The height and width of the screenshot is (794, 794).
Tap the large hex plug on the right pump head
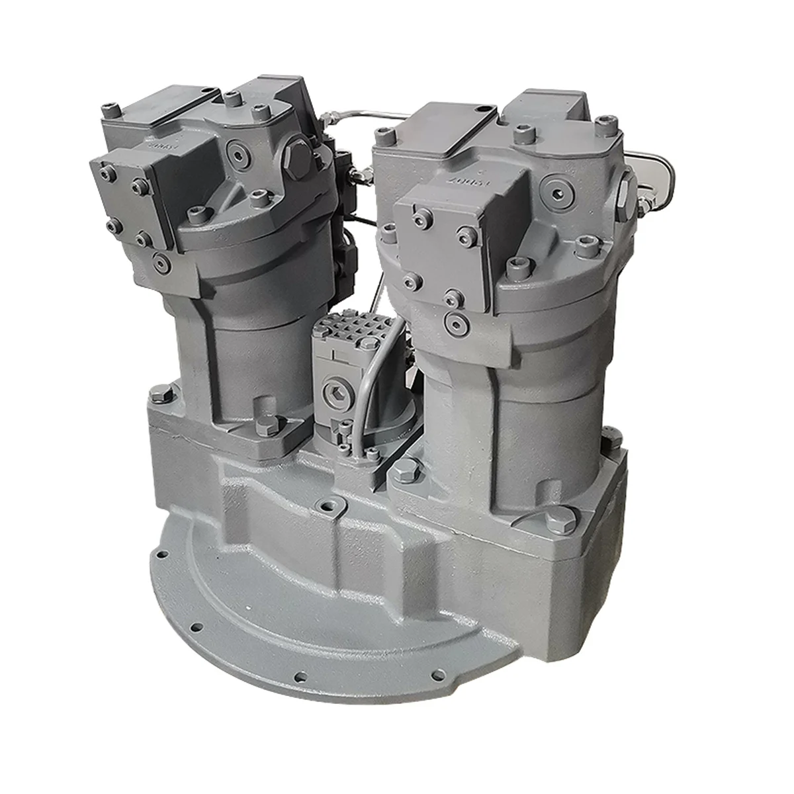625,194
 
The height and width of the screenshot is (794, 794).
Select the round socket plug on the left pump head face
238,154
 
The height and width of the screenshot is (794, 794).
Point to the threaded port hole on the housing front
325,507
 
